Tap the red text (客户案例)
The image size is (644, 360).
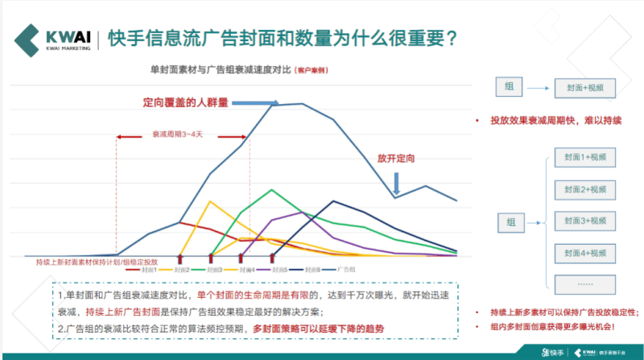coord(312,71)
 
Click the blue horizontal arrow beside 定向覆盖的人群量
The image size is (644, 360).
coord(258,102)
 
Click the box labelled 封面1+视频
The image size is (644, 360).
coord(585,157)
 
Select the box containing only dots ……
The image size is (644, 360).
coord(585,284)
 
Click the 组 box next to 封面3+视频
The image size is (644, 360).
coord(510,221)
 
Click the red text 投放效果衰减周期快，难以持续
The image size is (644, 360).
coord(555,120)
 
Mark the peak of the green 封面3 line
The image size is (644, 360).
coord(272,190)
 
